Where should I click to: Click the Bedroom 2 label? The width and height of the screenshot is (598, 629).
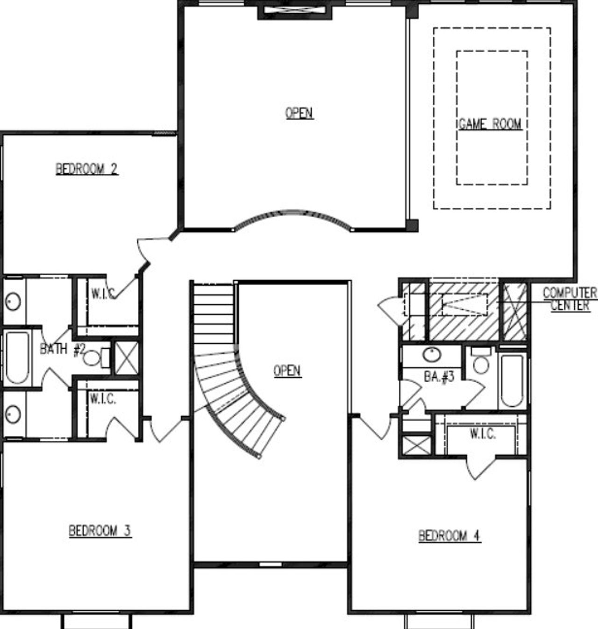pos(87,169)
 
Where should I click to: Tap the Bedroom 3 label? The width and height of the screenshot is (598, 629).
pos(100,531)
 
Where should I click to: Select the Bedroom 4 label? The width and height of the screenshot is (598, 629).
pos(449,536)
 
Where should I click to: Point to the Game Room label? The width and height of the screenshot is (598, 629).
pos(490,124)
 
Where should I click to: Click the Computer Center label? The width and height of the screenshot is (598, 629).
pos(570,299)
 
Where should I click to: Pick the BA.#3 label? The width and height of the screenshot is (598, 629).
pos(439,377)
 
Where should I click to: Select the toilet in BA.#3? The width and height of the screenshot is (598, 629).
pos(481,362)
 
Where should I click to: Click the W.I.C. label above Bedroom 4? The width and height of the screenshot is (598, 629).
pos(483,434)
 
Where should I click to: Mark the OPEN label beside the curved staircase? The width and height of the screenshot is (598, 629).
pos(287,371)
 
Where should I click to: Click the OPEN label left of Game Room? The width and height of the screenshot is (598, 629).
pos(299,113)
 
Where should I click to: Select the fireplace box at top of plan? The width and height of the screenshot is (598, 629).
pos(295,11)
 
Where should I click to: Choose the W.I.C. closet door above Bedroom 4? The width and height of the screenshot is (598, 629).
pos(481,467)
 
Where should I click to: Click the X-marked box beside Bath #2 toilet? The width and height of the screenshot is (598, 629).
pos(127,358)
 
